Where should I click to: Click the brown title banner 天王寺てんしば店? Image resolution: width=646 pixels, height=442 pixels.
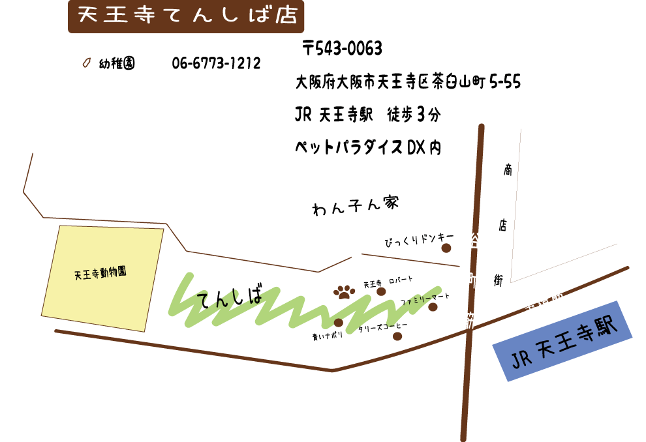point(186,16)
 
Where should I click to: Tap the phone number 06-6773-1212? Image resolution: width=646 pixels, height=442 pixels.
point(216,63)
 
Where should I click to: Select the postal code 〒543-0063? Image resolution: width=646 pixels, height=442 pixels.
point(342,48)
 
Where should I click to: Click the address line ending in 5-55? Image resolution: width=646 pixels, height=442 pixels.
point(408,83)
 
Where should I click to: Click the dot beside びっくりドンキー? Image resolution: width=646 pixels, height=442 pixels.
point(446,248)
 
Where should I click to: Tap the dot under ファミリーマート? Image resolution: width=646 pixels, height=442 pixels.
point(433,307)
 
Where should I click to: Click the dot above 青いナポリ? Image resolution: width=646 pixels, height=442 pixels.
point(338,322)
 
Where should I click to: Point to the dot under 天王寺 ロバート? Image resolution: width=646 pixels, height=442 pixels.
point(381,291)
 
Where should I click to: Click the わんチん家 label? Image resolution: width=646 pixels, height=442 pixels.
point(356,206)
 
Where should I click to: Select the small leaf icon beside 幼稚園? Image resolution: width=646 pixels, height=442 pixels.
point(85,63)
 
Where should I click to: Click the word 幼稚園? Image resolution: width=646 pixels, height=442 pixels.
point(117,63)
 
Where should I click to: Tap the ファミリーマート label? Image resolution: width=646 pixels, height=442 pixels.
point(425,299)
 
